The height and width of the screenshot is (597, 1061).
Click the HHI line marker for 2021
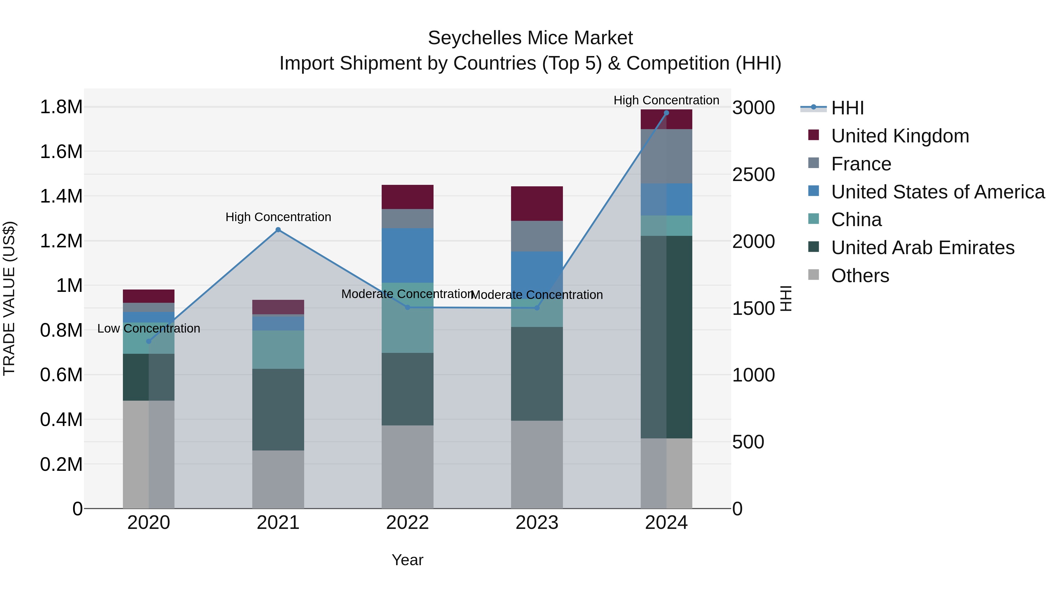(x=278, y=230)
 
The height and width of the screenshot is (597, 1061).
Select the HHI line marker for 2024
(x=666, y=113)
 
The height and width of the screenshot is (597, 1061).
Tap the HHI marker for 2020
(x=149, y=341)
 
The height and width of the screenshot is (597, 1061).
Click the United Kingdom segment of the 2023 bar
(x=537, y=203)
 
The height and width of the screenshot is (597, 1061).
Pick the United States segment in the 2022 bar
(x=407, y=255)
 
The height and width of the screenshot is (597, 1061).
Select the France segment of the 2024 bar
(x=666, y=156)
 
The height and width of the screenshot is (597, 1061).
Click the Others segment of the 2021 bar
(x=278, y=479)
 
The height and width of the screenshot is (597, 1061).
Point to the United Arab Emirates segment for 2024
(x=666, y=337)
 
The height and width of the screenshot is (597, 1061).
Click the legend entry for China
(x=856, y=220)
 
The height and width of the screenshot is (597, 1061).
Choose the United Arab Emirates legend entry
(x=922, y=248)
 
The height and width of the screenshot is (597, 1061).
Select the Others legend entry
(x=860, y=276)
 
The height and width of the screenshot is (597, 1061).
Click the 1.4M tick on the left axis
(x=61, y=196)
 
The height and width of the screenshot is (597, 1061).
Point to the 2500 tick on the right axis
(x=753, y=175)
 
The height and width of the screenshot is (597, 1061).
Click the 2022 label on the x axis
(x=407, y=523)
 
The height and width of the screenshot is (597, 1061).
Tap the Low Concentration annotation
(x=149, y=328)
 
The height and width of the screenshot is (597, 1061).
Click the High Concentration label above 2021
(x=278, y=217)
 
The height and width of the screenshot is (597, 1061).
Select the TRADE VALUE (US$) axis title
(x=9, y=298)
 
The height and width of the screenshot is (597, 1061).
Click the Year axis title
(x=407, y=560)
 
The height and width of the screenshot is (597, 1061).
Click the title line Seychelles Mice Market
(x=530, y=38)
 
